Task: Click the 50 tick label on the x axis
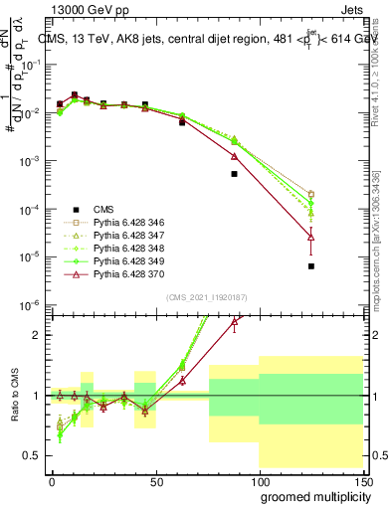[x=155, y=481]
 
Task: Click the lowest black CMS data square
[x=311, y=266]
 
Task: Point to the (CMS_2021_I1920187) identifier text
[x=203, y=297]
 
